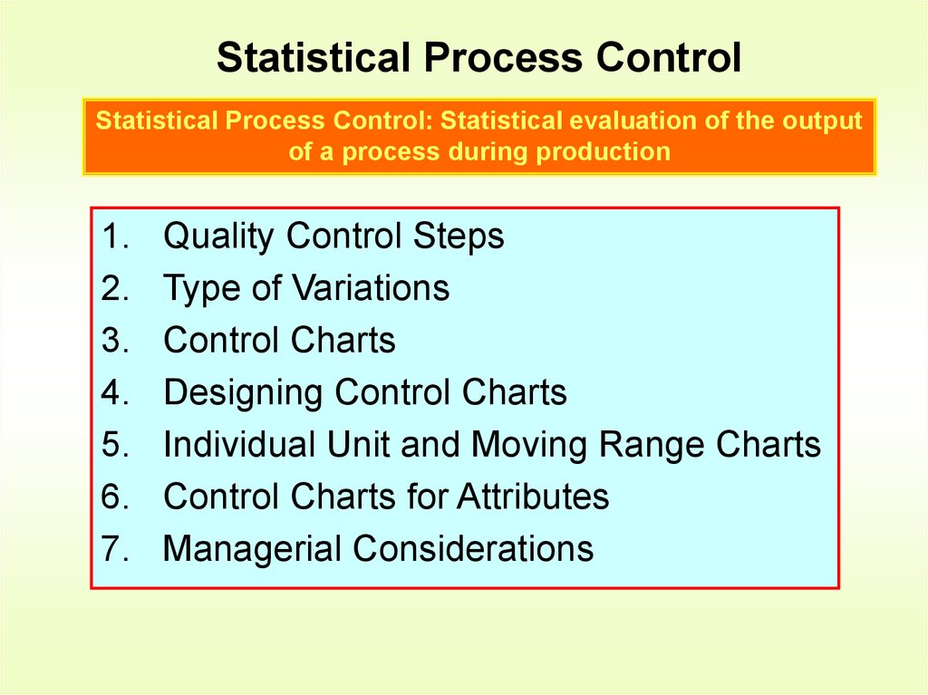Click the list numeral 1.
[x=111, y=236]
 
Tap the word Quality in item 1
[x=218, y=236]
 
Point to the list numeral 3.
[x=111, y=341]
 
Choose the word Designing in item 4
[x=243, y=393]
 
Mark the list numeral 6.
[x=111, y=497]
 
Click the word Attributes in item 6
[x=533, y=497]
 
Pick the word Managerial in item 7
[x=252, y=549]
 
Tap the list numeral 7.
[x=111, y=549]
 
